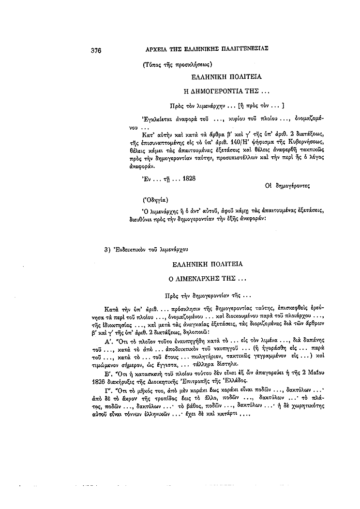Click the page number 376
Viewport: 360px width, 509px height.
(95, 49)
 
